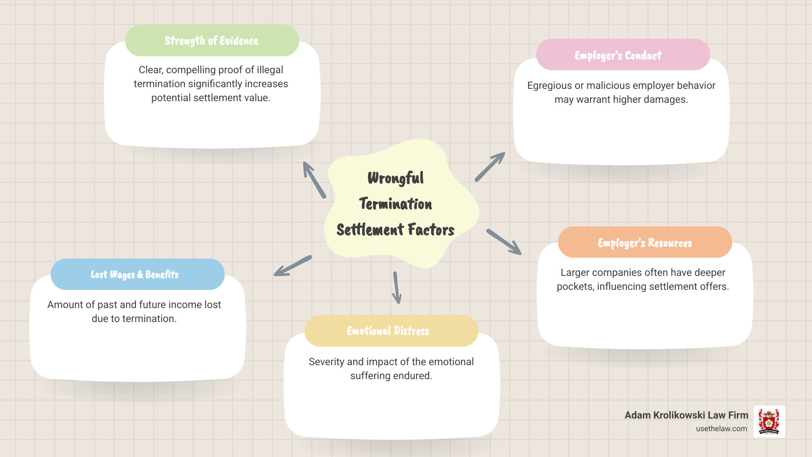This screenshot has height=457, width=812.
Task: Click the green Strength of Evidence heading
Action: click(211, 41)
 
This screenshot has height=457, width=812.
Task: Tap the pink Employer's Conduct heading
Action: click(618, 55)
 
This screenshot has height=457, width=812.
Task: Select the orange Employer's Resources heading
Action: click(645, 243)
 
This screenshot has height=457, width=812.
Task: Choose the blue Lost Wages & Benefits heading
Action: click(134, 275)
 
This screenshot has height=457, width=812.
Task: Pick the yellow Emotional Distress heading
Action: click(388, 331)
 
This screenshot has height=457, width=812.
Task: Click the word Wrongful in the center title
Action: click(395, 178)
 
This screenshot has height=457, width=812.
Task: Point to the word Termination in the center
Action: click(395, 204)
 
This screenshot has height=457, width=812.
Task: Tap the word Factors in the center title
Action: click(431, 230)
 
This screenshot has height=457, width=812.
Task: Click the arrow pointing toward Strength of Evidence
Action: click(314, 179)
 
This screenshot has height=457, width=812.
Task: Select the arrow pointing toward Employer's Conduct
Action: click(490, 167)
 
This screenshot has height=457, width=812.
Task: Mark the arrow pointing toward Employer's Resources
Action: click(504, 242)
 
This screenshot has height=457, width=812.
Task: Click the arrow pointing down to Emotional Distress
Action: click(397, 288)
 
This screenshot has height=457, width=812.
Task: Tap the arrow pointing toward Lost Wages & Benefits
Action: click(293, 266)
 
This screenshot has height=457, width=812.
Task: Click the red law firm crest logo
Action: click(769, 421)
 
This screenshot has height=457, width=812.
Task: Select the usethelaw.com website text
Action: click(721, 429)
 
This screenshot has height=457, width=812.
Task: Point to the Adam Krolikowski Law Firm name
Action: click(686, 415)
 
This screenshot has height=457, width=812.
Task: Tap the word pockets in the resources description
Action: click(575, 286)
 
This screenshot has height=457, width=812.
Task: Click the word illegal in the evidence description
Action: click(269, 70)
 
